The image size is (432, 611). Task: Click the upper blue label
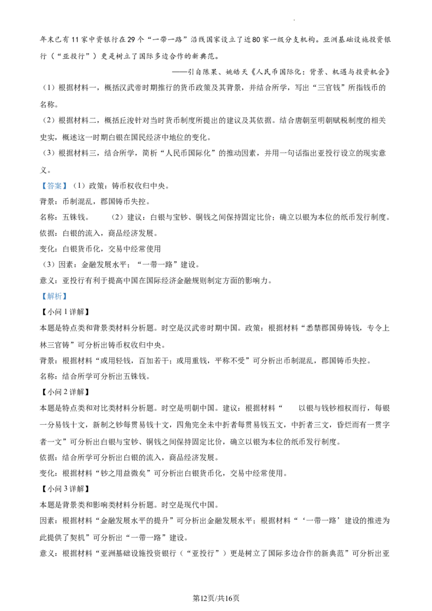click(x=54, y=186)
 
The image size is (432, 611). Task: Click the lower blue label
click(x=54, y=296)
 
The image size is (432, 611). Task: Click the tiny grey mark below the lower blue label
click(x=157, y=330)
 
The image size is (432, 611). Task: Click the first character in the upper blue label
click(x=44, y=186)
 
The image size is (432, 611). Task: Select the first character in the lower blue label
click(x=44, y=296)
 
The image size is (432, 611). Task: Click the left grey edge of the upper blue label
click(x=40, y=186)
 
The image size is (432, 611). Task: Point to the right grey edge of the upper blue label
click(x=68, y=186)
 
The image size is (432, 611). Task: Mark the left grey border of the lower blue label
click(x=40, y=296)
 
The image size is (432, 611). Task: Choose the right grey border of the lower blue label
click(x=68, y=296)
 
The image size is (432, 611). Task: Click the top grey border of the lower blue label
click(x=54, y=290)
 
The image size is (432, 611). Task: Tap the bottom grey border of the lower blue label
click(x=54, y=301)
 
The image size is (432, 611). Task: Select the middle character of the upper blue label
click(x=54, y=186)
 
